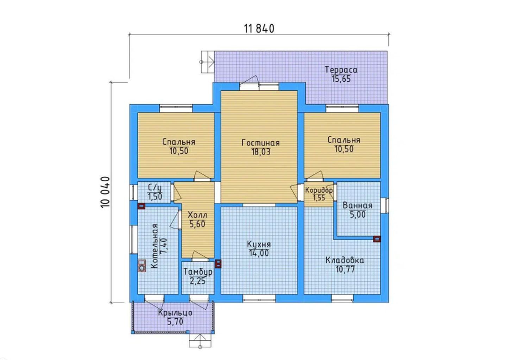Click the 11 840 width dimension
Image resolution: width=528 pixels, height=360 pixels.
pos(259,29)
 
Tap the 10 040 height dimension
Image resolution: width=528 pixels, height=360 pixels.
pos(105,192)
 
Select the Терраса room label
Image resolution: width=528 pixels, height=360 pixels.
pos(341,70)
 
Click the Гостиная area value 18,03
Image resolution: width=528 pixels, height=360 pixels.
pos(261,152)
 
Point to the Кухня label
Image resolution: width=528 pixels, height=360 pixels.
pos(259,244)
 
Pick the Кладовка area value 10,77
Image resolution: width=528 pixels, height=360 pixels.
pos(345,269)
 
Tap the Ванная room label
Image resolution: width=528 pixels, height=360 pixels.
pos(357,205)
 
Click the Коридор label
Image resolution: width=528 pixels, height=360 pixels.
pos(319,190)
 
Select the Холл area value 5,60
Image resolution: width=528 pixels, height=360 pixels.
pos(197,224)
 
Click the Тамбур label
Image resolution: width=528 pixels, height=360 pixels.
pos(198,272)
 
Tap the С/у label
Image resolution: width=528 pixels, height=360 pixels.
pos(155,188)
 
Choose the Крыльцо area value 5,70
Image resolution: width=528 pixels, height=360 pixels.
pos(175,322)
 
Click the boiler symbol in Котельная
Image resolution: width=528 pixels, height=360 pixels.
pos(142,266)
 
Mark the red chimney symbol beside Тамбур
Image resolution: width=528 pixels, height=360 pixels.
pos(219,263)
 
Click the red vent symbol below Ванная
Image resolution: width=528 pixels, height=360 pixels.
pos(377,239)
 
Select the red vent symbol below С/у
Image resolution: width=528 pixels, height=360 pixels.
pos(141,206)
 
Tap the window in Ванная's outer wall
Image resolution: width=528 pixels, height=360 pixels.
pos(385,205)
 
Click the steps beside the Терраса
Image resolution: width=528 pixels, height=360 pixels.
pos(208,62)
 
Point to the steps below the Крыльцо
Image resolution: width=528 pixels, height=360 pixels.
pos(200,340)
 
